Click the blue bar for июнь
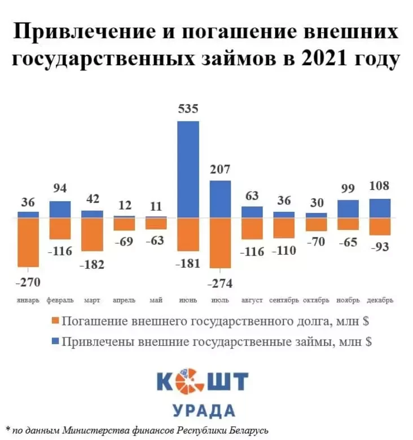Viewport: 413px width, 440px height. click(x=188, y=169)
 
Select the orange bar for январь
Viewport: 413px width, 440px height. click(x=28, y=242)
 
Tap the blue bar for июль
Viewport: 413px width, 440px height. click(x=220, y=199)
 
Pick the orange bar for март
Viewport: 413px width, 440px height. click(x=92, y=234)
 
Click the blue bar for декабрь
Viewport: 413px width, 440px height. click(x=380, y=208)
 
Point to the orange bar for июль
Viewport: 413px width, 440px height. click(x=220, y=243)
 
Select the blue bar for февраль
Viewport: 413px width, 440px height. click(x=60, y=209)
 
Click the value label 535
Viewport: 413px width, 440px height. click(x=188, y=109)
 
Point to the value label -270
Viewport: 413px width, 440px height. click(x=28, y=281)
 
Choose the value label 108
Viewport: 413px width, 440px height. click(x=380, y=186)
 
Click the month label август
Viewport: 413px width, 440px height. click(x=252, y=300)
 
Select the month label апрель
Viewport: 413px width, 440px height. click(x=124, y=300)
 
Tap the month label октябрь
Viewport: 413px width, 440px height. click(x=316, y=300)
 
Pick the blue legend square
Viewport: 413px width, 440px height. click(x=55, y=341)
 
